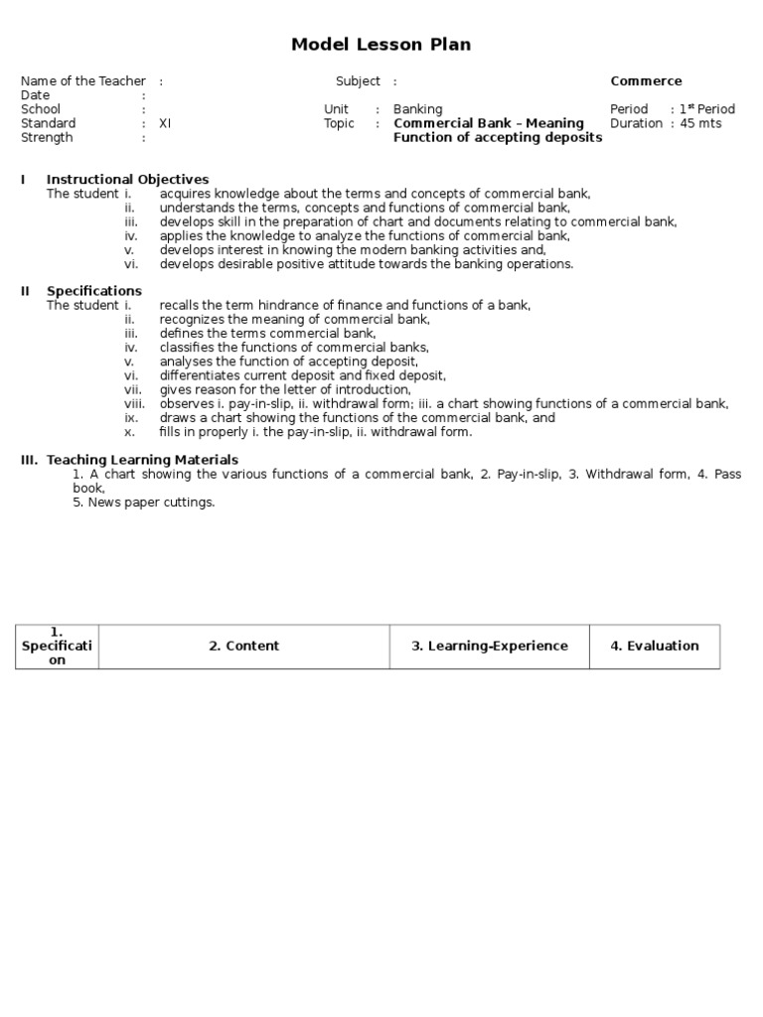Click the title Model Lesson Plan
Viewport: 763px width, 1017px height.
coord(381,45)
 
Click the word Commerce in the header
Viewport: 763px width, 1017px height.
coord(646,81)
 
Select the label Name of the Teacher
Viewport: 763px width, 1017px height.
coord(82,81)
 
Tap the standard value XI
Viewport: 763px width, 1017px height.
coord(165,123)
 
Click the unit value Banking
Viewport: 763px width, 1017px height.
coord(417,109)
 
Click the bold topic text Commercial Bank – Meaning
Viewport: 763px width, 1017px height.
coord(489,123)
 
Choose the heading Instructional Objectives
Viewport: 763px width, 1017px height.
coord(127,179)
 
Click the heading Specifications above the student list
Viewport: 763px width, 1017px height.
coord(93,291)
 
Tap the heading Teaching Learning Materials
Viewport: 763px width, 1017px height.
coord(142,460)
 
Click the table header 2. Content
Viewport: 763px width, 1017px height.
coord(243,646)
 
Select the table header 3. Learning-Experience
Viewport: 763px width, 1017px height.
coord(490,646)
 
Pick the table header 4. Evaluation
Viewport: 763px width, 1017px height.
coord(654,646)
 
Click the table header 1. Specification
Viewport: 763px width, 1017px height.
coord(57,646)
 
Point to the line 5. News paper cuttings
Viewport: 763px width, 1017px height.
coord(143,503)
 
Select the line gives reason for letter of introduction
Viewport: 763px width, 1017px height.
coord(284,390)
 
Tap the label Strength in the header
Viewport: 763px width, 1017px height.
coord(48,137)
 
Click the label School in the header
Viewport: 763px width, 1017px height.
coord(41,109)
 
